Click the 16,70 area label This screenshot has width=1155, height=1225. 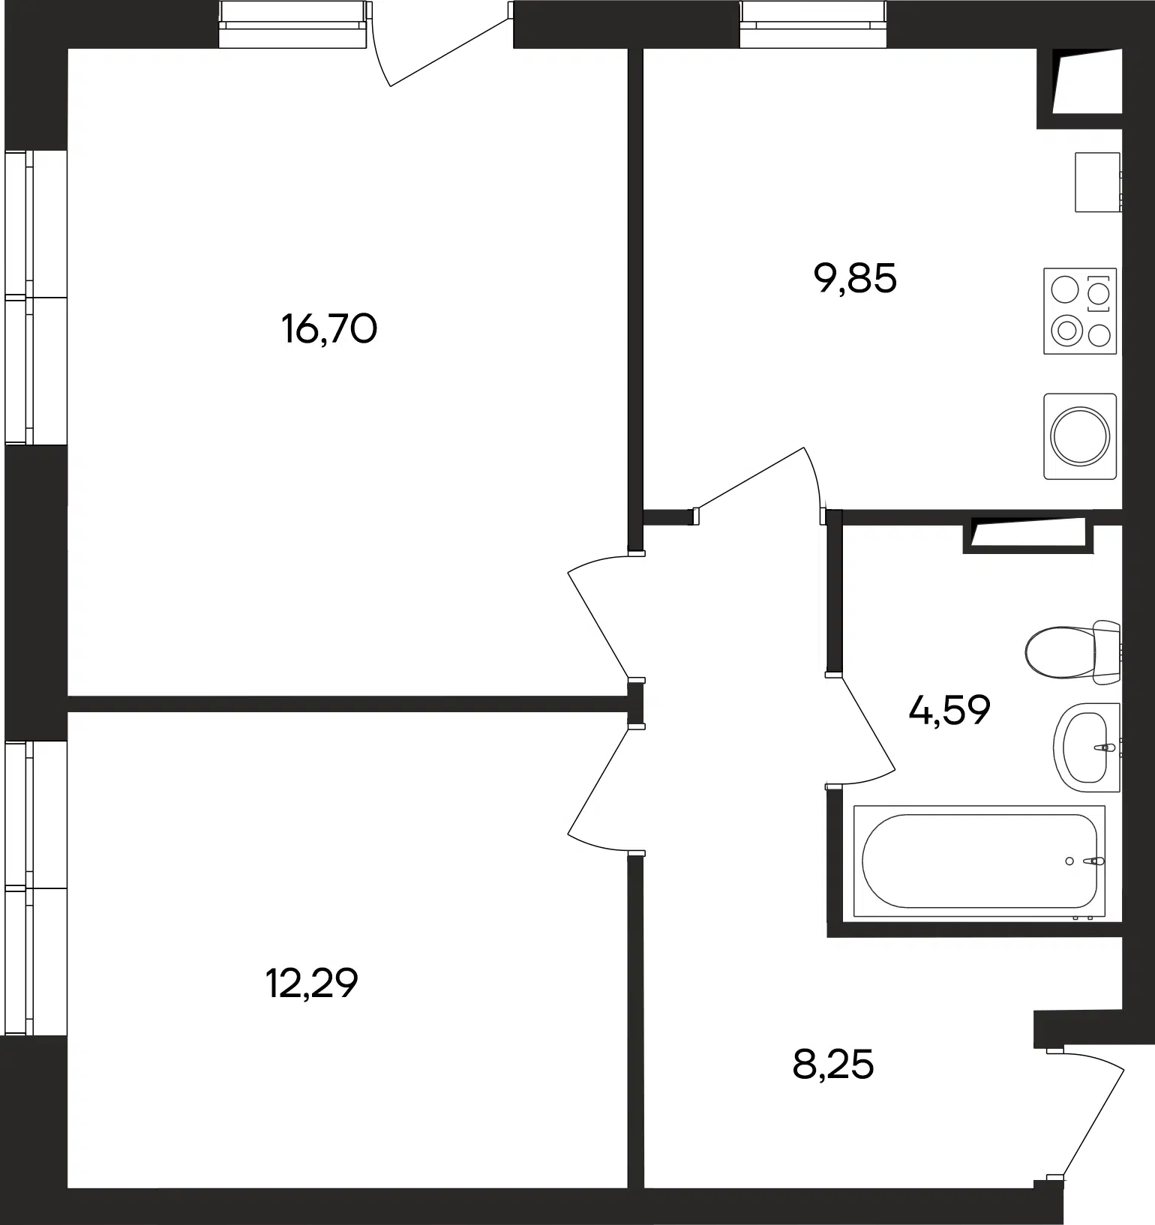(329, 328)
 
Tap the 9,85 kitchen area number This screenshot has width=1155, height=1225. (855, 278)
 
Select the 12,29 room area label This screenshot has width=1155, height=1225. (312, 983)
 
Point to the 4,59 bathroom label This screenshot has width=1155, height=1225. (949, 709)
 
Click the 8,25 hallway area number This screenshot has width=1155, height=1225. (833, 1064)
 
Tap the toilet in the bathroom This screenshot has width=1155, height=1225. (1072, 652)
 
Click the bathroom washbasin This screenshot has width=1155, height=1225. (1087, 747)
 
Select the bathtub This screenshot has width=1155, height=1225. (979, 861)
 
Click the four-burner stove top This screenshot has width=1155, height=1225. (1080, 311)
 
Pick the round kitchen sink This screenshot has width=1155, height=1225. (1080, 436)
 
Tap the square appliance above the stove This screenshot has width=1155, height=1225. (1098, 182)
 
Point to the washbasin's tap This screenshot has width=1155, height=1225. (1105, 747)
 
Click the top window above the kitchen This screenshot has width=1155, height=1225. (813, 24)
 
